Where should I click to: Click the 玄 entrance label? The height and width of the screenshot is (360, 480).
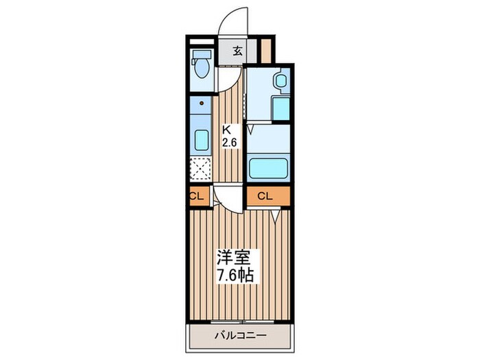[x=238, y=51]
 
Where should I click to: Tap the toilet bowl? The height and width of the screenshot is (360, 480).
[x=202, y=68]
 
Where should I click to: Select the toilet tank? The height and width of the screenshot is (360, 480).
[x=202, y=54]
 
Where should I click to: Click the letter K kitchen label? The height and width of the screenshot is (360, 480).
[x=226, y=130]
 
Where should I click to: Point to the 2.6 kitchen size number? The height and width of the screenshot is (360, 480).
[x=230, y=143]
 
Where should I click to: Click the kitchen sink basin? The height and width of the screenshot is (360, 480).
[x=202, y=140]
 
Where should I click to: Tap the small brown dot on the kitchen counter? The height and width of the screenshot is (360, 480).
[x=202, y=104]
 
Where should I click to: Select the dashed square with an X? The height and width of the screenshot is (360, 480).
[x=200, y=169]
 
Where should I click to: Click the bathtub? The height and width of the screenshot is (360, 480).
[x=269, y=168]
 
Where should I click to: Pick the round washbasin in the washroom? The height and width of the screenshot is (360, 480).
[x=280, y=81]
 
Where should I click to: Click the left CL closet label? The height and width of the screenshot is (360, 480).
[x=197, y=196]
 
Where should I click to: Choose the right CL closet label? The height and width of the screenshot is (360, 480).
[x=265, y=196]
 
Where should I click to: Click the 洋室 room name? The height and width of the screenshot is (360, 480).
[x=234, y=257]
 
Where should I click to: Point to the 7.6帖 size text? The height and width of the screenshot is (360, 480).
[x=235, y=275]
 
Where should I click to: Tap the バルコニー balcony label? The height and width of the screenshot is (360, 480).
[x=240, y=336]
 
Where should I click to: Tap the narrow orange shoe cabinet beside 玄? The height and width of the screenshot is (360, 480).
[x=266, y=51]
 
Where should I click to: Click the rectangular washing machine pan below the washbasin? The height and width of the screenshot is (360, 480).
[x=281, y=108]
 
